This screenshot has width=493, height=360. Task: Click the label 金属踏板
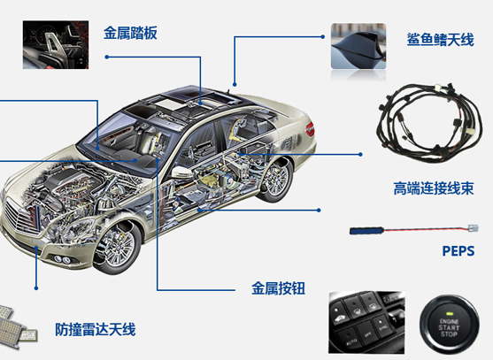point(130,33)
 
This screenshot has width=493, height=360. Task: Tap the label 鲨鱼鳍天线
point(440,40)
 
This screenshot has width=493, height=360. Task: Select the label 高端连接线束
point(434,188)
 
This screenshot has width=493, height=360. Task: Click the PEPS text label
point(458,251)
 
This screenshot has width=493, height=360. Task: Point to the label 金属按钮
point(278,288)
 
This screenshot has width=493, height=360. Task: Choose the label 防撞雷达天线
point(96,329)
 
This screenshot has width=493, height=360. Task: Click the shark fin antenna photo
point(358,46)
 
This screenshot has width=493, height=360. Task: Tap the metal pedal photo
point(56,45)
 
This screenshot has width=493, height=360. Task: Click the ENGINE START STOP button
point(449,325)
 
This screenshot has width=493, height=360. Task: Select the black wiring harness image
point(428,123)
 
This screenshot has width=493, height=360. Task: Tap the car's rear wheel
point(276,180)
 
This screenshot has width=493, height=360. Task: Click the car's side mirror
point(181,173)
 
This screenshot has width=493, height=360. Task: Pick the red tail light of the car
point(310,129)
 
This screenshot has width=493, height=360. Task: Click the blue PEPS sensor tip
point(366,231)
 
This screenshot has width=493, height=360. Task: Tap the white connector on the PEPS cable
point(474,228)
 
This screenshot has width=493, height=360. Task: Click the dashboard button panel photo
point(366,322)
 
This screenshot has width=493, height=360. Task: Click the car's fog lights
point(62,259)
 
